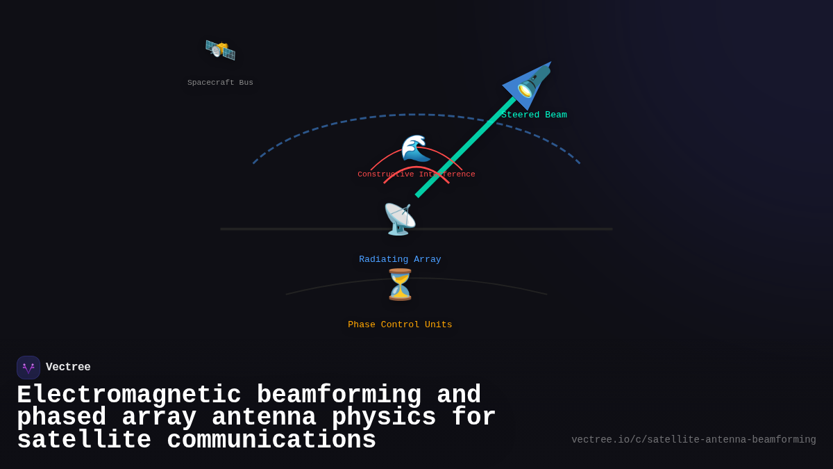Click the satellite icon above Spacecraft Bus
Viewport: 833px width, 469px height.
pyautogui.click(x=220, y=50)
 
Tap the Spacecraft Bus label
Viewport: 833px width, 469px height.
pyautogui.click(x=220, y=83)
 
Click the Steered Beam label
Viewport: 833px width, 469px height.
pyautogui.click(x=534, y=115)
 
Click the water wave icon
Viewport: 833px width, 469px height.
pyautogui.click(x=416, y=149)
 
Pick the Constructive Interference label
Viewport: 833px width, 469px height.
pyautogui.click(x=416, y=174)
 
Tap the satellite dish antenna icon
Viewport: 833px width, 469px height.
pyautogui.click(x=400, y=220)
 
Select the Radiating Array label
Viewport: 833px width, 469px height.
pyautogui.click(x=400, y=260)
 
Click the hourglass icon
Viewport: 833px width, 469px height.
pyautogui.click(x=400, y=285)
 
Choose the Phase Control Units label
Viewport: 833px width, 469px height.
pyautogui.click(x=400, y=325)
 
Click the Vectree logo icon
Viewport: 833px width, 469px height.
pyautogui.click(x=28, y=368)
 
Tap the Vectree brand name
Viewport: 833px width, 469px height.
pyautogui.click(x=68, y=368)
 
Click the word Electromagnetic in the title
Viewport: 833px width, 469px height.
pyautogui.click(x=129, y=395)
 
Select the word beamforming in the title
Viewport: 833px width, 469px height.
pyautogui.click(x=339, y=395)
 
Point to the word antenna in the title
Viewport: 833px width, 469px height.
pyautogui.click(x=264, y=418)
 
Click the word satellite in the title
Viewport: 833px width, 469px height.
pyautogui.click(x=84, y=441)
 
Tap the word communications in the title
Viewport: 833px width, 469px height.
pyautogui.click(x=271, y=441)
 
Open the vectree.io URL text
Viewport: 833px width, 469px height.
pyautogui.click(x=693, y=440)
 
